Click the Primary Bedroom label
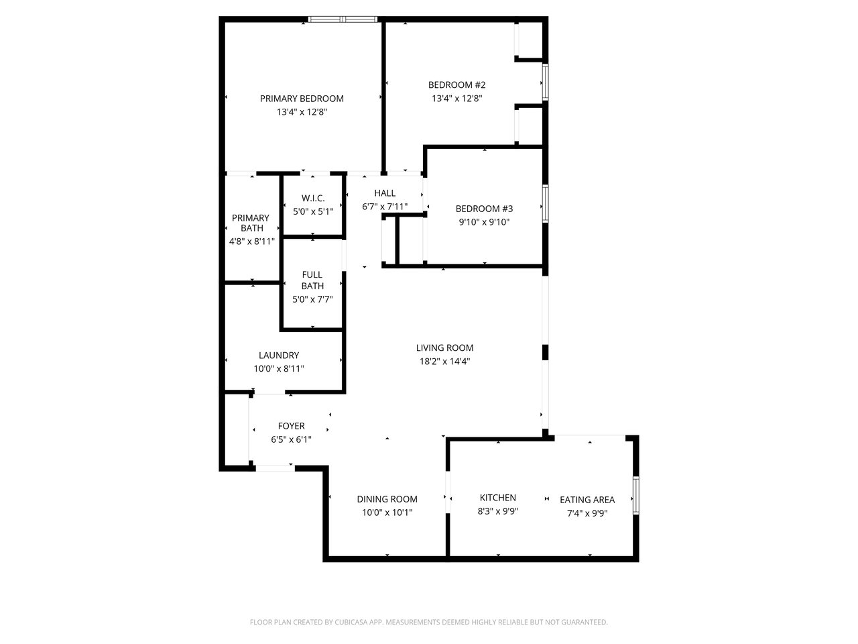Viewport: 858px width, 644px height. [x=302, y=99]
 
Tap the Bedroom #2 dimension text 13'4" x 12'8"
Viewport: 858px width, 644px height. [x=456, y=98]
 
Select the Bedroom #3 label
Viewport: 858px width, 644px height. [x=484, y=209]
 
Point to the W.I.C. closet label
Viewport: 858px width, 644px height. [x=313, y=198]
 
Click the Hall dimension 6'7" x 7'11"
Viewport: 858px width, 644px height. [x=385, y=207]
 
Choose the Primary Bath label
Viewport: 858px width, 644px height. [x=251, y=223]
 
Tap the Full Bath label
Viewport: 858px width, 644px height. [x=312, y=280]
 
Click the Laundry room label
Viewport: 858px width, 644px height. [x=279, y=355]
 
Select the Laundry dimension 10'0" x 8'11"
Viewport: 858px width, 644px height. [x=279, y=368]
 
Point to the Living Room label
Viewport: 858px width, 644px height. [x=444, y=347]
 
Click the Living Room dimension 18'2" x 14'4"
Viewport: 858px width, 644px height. [x=444, y=361]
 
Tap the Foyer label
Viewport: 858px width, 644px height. [x=292, y=426]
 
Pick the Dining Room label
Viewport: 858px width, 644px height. [x=387, y=499]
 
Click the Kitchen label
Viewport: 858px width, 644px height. [x=498, y=497]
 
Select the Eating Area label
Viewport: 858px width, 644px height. [x=587, y=499]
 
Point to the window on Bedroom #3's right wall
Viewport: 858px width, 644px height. [x=545, y=203]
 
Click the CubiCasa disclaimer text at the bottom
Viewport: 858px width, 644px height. [x=429, y=623]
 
